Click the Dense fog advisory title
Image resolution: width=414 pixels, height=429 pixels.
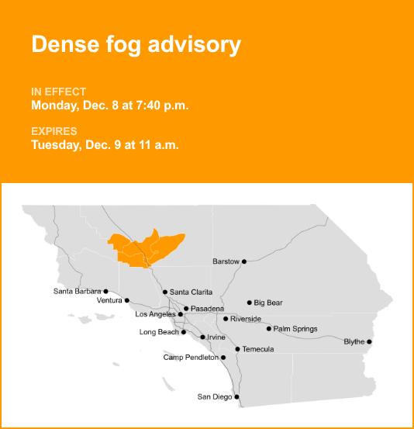click(x=136, y=44)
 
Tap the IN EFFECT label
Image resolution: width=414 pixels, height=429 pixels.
click(x=58, y=92)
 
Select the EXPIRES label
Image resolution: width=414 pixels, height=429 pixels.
click(x=54, y=131)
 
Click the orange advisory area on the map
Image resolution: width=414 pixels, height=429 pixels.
click(x=147, y=247)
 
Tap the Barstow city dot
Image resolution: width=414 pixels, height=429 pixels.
click(x=244, y=261)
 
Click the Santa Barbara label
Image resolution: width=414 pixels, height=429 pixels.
click(x=77, y=292)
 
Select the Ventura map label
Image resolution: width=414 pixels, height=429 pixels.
click(x=109, y=300)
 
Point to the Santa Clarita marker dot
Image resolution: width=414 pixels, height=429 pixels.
click(x=165, y=292)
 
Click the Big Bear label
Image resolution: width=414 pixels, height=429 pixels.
click(x=268, y=303)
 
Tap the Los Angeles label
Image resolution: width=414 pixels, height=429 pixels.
click(x=156, y=314)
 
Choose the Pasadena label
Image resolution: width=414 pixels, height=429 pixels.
click(x=207, y=309)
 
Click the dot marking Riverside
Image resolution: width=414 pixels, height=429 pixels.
click(x=226, y=319)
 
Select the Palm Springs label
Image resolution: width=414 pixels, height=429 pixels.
click(x=295, y=329)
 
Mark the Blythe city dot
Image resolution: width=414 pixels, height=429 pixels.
click(x=369, y=342)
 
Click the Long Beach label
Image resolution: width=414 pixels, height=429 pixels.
click(x=159, y=332)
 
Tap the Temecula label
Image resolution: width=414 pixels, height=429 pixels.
click(x=258, y=349)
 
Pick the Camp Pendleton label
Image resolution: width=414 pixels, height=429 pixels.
click(x=191, y=358)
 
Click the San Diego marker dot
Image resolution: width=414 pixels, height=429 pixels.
click(x=236, y=397)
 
